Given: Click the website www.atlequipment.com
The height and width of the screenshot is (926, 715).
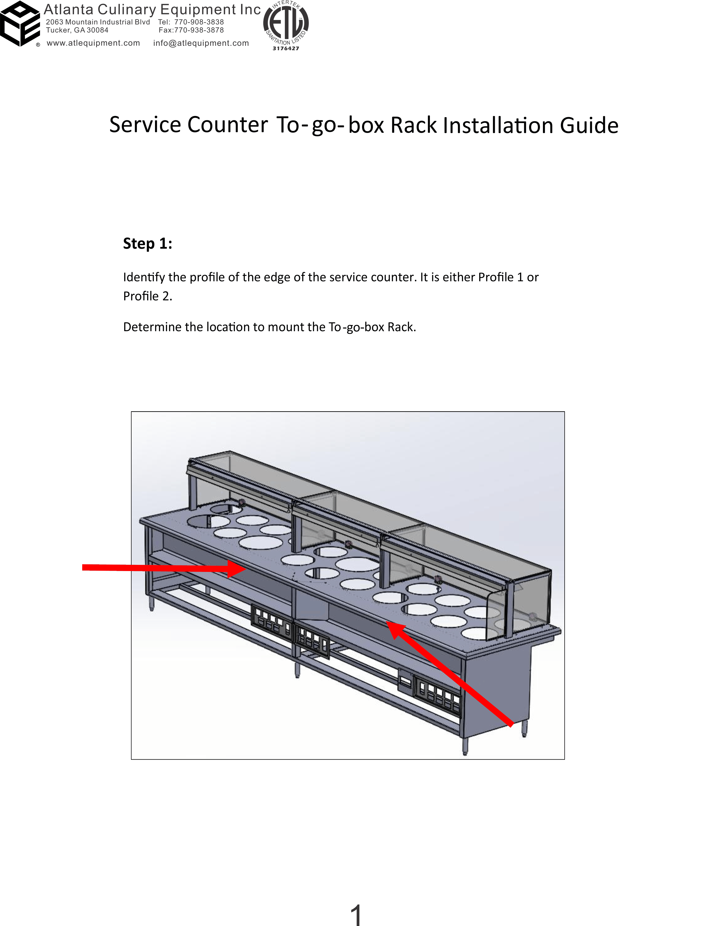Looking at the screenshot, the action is click(93, 43).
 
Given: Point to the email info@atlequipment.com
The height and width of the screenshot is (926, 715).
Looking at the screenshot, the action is click(201, 43).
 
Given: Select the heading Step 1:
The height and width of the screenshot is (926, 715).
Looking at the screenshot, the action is click(148, 243).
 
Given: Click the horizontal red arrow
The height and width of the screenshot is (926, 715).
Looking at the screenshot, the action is click(164, 568).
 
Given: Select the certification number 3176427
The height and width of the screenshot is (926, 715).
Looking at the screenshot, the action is click(286, 48).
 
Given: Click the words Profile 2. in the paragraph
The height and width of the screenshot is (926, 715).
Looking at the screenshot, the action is click(148, 296).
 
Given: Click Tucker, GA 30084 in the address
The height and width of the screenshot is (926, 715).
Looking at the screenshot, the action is click(77, 30).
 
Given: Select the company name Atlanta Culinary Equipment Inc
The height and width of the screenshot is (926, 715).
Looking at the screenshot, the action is click(152, 10).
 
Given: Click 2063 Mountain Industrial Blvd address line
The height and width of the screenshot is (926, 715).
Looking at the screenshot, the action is click(98, 22).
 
